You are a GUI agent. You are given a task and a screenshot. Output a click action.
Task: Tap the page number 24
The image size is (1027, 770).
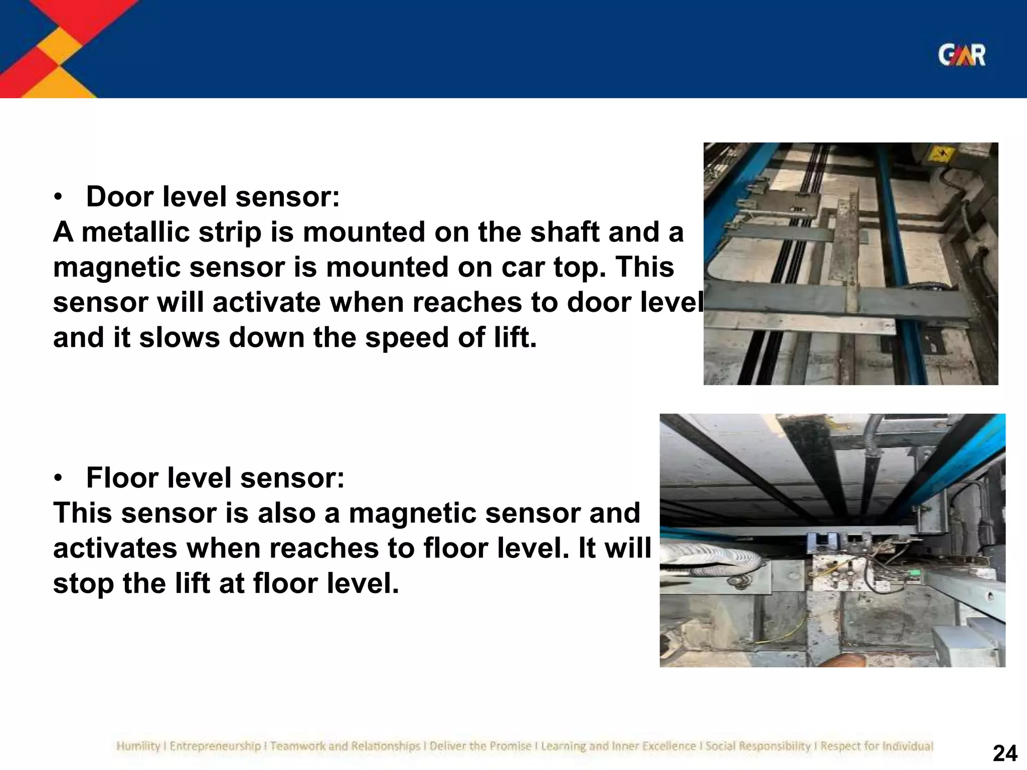[1005, 753]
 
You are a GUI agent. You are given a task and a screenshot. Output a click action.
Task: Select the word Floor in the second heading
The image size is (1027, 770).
[122, 477]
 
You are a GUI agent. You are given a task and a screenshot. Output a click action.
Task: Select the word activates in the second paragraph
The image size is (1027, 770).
[115, 548]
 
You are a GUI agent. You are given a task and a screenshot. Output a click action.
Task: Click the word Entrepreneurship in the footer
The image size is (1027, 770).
[215, 746]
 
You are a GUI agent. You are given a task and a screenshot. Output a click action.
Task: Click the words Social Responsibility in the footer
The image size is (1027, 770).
[758, 746]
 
